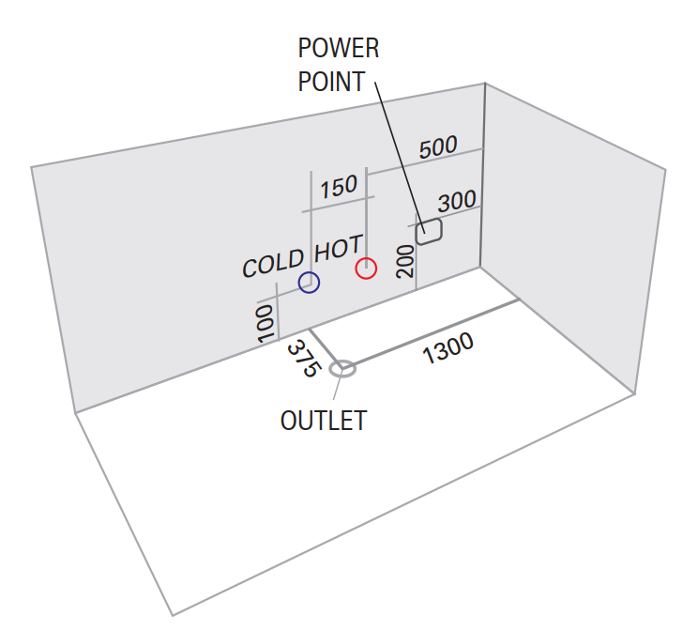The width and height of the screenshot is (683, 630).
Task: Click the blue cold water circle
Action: click(309, 282)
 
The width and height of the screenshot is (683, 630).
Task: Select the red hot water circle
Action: click(366, 269)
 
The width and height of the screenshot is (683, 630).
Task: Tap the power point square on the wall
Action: click(429, 231)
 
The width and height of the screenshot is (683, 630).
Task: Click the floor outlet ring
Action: click(342, 368)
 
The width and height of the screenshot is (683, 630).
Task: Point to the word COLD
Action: click(272, 263)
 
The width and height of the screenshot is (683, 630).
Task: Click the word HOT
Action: click(338, 249)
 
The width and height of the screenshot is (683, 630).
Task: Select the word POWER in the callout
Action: click(339, 49)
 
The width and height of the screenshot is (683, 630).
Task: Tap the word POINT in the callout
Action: click(331, 82)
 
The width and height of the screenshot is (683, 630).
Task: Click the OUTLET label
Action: click(324, 420)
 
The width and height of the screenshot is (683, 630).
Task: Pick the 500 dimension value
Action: click(438, 147)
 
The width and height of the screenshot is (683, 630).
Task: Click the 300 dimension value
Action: click(457, 200)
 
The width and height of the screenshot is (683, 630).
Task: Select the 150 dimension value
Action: click(338, 186)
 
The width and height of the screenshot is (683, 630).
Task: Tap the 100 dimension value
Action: click(266, 322)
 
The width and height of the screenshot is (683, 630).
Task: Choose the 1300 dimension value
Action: click(448, 350)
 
